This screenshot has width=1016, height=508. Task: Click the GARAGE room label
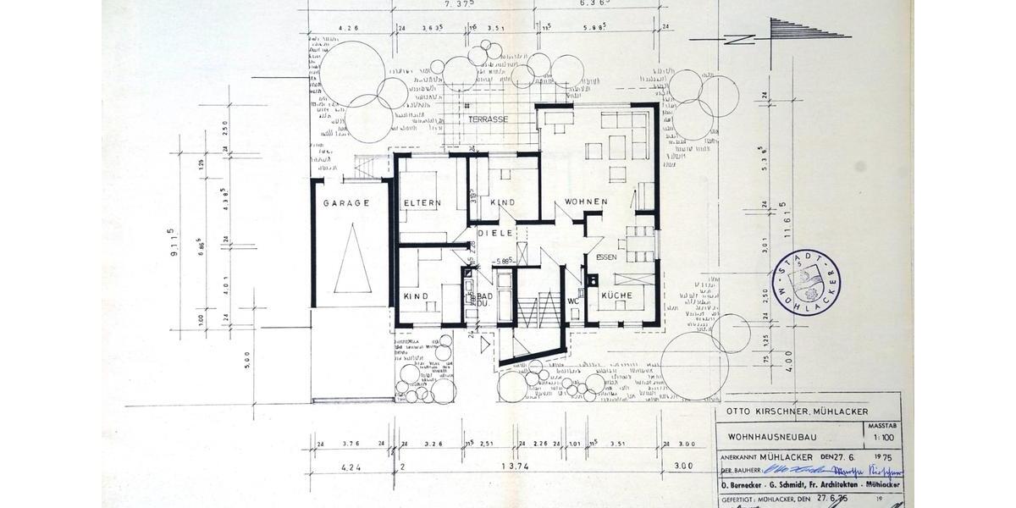pyautogui.click(x=346, y=203)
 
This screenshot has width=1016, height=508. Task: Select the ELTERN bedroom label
pyautogui.click(x=422, y=203)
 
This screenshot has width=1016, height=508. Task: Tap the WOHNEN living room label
pyautogui.click(x=582, y=202)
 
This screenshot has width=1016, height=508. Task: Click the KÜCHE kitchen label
pyautogui.click(x=618, y=295)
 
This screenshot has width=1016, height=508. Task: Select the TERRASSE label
pyautogui.click(x=488, y=120)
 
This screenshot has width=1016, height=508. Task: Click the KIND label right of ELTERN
pyautogui.click(x=503, y=203)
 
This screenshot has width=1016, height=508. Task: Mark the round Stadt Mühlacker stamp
pyautogui.click(x=809, y=282)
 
